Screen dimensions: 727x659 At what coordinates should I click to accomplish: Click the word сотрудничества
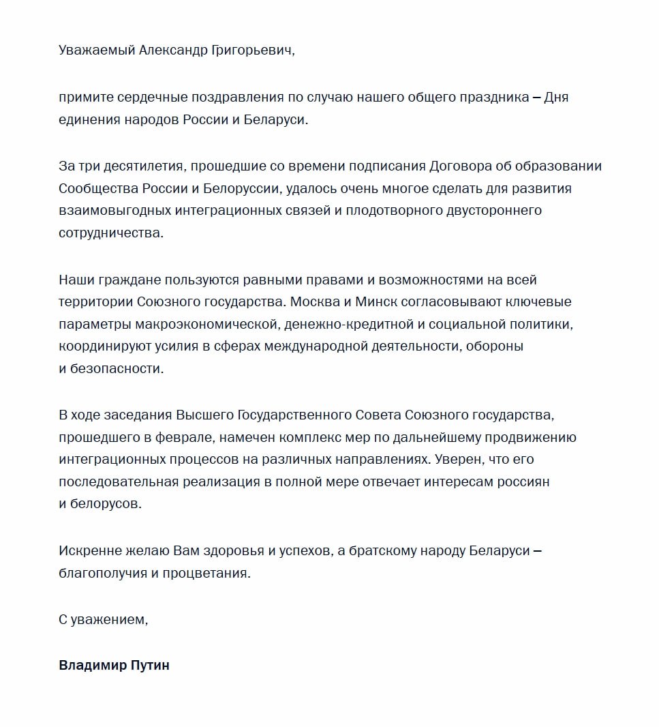112,233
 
